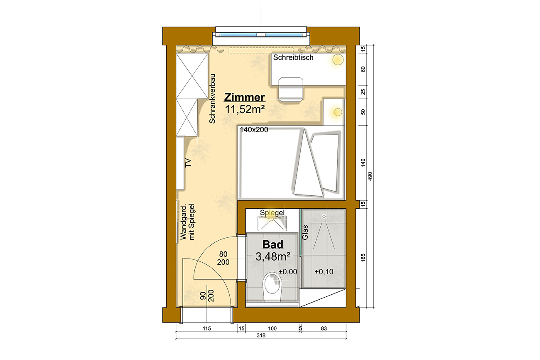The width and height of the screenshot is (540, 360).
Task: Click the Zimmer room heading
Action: pyautogui.click(x=244, y=97)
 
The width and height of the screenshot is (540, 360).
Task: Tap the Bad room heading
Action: pyautogui.click(x=273, y=244)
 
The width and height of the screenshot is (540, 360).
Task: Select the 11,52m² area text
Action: pyautogui.click(x=245, y=109)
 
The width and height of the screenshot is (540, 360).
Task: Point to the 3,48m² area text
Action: pyautogui.click(x=273, y=256)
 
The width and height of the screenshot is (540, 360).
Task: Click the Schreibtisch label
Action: pyautogui.click(x=293, y=57)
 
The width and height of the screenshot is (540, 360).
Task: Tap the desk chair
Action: pyautogui.click(x=291, y=89)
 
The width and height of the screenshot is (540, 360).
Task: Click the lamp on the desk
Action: pyautogui.click(x=338, y=60)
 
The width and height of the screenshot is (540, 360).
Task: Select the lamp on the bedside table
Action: pyautogui.click(x=338, y=112)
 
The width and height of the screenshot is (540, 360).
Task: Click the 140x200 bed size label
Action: pyautogui.click(x=254, y=130)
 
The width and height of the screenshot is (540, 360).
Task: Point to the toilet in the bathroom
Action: pyautogui.click(x=272, y=287)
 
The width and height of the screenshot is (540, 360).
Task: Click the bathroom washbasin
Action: pyautogui.click(x=272, y=223)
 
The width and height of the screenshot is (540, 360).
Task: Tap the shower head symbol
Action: pyautogui.click(x=324, y=217)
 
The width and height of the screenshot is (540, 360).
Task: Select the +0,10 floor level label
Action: pyautogui.click(x=324, y=272)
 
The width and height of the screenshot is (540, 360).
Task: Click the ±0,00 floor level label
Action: pyautogui.click(x=288, y=272)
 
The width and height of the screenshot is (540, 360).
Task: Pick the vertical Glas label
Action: pyautogui.click(x=305, y=232)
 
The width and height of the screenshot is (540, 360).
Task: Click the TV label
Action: pyautogui.click(x=188, y=163)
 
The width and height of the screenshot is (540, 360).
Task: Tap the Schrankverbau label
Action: pyautogui.click(x=212, y=99)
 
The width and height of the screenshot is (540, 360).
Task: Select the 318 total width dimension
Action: pyautogui.click(x=261, y=335)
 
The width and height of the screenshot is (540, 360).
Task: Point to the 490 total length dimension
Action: pyautogui.click(x=370, y=176)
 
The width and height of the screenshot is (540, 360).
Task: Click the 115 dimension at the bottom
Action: pyautogui.click(x=207, y=328)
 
